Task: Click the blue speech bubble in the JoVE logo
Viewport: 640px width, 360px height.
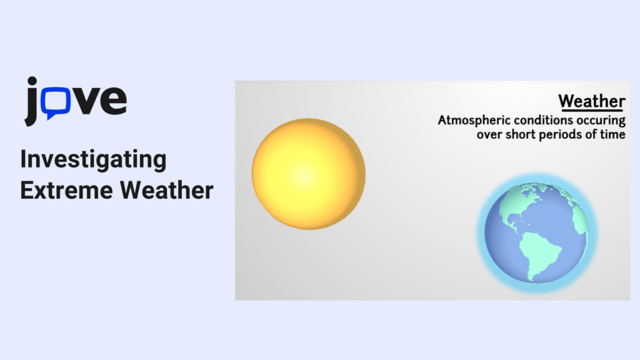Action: click(x=56, y=102)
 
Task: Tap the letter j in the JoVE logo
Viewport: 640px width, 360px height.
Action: click(x=32, y=101)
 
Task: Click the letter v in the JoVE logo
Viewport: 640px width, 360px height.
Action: click(x=85, y=101)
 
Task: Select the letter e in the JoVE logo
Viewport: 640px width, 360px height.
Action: click(x=113, y=101)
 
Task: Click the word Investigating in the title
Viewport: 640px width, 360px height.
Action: click(x=94, y=159)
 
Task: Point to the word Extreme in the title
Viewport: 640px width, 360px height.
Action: click(x=66, y=191)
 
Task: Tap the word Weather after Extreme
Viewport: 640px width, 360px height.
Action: click(x=166, y=191)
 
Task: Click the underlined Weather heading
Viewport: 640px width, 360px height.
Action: click(x=592, y=101)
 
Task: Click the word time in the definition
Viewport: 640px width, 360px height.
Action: click(x=612, y=134)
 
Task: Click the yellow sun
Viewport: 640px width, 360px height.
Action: click(x=309, y=174)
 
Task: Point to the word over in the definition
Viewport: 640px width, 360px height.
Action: click(x=489, y=135)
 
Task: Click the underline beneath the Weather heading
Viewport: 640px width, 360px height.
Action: click(x=592, y=110)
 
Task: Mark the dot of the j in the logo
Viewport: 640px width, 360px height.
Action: click(x=32, y=81)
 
